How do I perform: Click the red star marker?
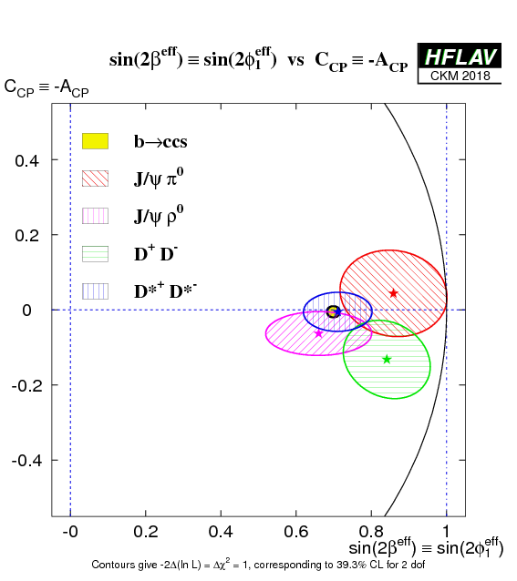[x=394, y=293]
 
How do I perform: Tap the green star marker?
[x=387, y=359]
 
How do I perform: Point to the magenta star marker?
[x=318, y=334]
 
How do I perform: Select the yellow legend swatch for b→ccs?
[x=96, y=141]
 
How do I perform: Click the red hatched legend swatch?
[x=96, y=178]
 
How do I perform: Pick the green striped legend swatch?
[x=96, y=254]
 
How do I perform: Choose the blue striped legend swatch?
[x=96, y=291]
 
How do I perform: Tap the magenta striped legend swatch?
[x=96, y=216]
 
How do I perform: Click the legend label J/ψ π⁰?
[x=159, y=178]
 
